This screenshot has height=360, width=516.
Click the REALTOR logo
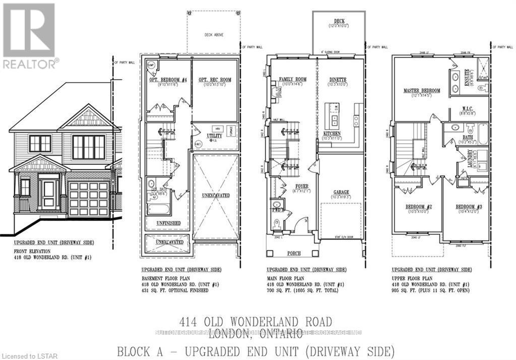[29, 35]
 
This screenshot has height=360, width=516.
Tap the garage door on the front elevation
[89, 199]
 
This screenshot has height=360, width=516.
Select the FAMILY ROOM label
[293, 80]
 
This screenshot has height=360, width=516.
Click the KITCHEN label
[332, 133]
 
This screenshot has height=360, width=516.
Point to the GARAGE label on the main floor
[341, 192]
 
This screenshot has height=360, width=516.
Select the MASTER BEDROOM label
[422, 91]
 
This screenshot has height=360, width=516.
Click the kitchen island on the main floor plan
[333, 115]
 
